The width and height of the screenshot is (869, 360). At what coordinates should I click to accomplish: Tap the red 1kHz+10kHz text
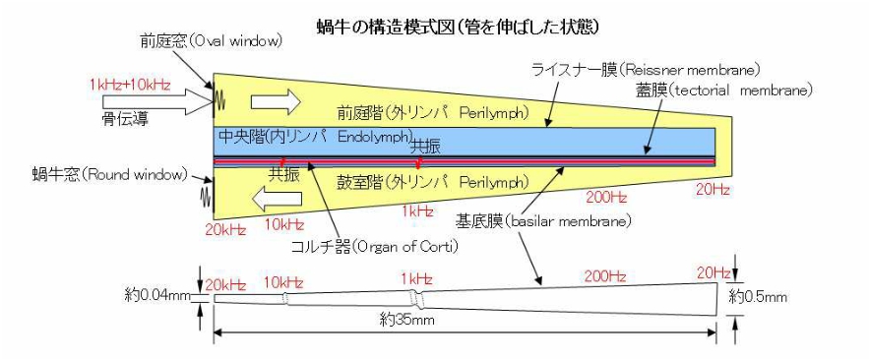(x=129, y=84)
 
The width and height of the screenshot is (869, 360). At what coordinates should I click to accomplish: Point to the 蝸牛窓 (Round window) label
(x=108, y=175)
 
